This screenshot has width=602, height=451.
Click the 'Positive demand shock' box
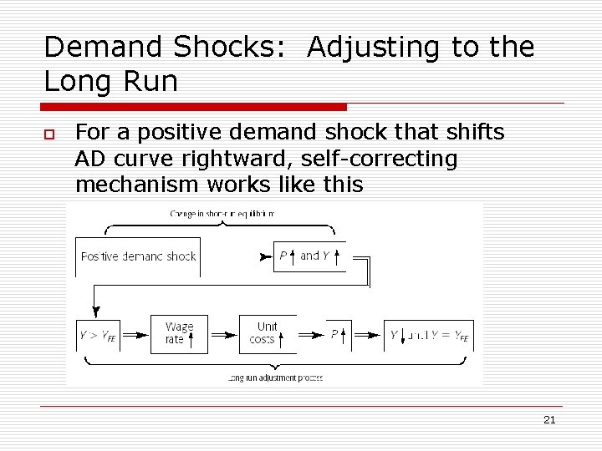(x=138, y=256)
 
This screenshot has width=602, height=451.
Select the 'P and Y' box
(x=309, y=256)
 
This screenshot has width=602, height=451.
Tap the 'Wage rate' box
(x=179, y=333)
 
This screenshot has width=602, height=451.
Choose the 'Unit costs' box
(x=267, y=333)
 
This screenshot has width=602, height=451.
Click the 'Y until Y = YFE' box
(x=429, y=335)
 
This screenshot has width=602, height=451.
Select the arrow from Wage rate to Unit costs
(x=223, y=334)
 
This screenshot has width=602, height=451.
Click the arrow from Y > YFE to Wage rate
(x=135, y=334)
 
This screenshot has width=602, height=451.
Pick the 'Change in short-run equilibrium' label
(x=222, y=214)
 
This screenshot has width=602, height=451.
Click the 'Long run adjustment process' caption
(x=275, y=378)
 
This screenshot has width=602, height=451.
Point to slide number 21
(x=548, y=419)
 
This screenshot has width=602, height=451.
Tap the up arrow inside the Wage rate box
(x=191, y=340)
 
